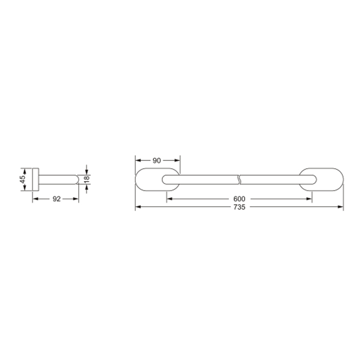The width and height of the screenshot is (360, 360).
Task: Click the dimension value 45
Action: [x=23, y=179]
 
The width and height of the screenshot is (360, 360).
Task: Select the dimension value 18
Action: [x=86, y=179]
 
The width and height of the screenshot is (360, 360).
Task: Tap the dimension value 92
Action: [x=57, y=199]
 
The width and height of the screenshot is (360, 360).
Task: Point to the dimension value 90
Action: [x=156, y=160]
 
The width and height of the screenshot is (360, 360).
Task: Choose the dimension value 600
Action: [x=239, y=199]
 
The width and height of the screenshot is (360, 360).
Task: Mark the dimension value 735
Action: [x=240, y=207]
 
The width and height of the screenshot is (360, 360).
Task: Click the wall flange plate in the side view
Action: [x=35, y=179]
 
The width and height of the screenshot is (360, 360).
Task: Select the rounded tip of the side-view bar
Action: [x=77, y=179]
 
